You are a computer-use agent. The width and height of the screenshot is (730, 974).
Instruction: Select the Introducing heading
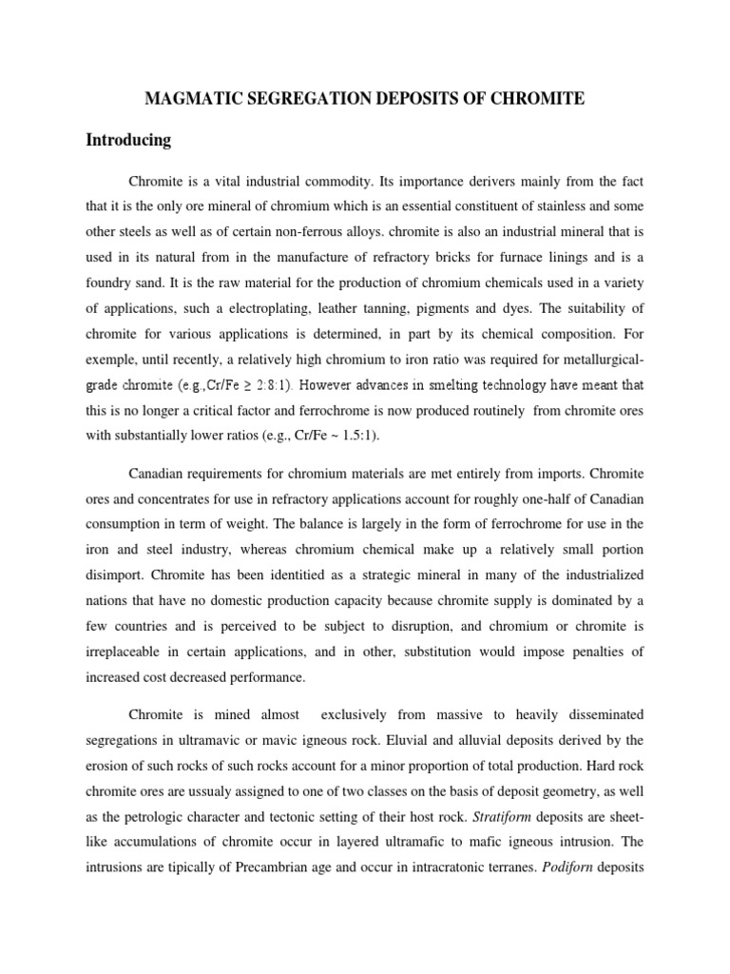click(128, 140)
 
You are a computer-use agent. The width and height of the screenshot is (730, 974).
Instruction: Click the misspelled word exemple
click(111, 360)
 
